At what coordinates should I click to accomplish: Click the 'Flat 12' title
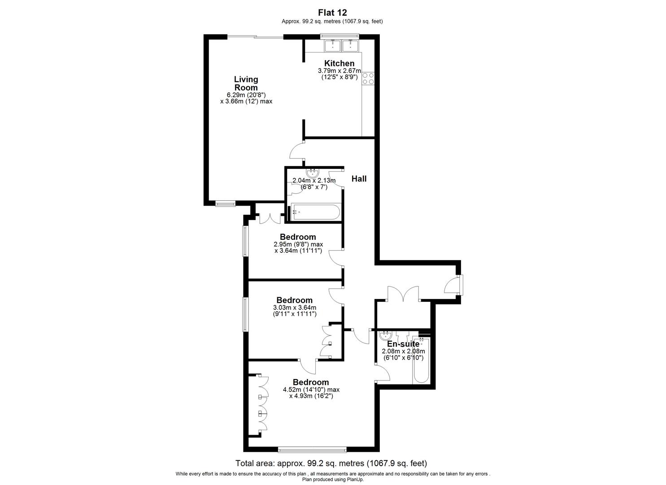pos(332,13)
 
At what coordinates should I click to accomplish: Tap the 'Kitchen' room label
pos(339,63)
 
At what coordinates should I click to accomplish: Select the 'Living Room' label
pos(246,84)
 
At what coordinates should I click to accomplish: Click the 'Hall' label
pos(359,179)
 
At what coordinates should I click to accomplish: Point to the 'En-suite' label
pos(403,344)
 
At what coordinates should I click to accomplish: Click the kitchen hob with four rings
pos(368,79)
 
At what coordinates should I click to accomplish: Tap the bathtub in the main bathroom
pos(315,212)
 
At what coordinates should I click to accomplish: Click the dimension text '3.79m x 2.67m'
pos(339,71)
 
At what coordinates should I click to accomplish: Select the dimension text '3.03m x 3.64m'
pos(295,308)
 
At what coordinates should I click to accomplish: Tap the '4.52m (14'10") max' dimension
pos(311,390)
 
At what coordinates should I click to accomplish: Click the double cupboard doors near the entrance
pos(403,294)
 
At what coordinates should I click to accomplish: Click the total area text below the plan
pos(331,463)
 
